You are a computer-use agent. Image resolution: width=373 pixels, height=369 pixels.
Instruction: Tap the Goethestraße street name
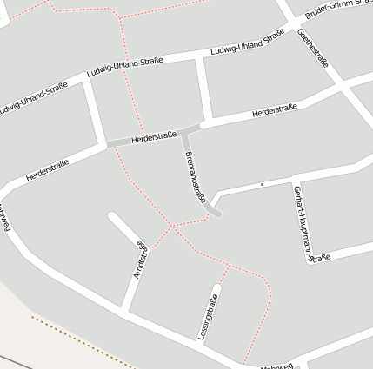pyautogui.click(x=313, y=49)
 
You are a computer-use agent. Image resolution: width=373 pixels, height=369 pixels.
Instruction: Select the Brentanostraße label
pyautogui.click(x=196, y=176)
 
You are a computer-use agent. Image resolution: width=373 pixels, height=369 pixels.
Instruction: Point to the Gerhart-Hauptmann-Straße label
pyautogui.click(x=300, y=222)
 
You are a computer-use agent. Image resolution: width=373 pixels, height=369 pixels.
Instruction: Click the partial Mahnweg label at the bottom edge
pyautogui.click(x=276, y=366)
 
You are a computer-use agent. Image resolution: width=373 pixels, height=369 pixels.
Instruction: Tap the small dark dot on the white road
pyautogui.click(x=262, y=184)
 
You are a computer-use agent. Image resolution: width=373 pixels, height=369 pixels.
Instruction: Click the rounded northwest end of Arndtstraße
pyautogui.click(x=111, y=215)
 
